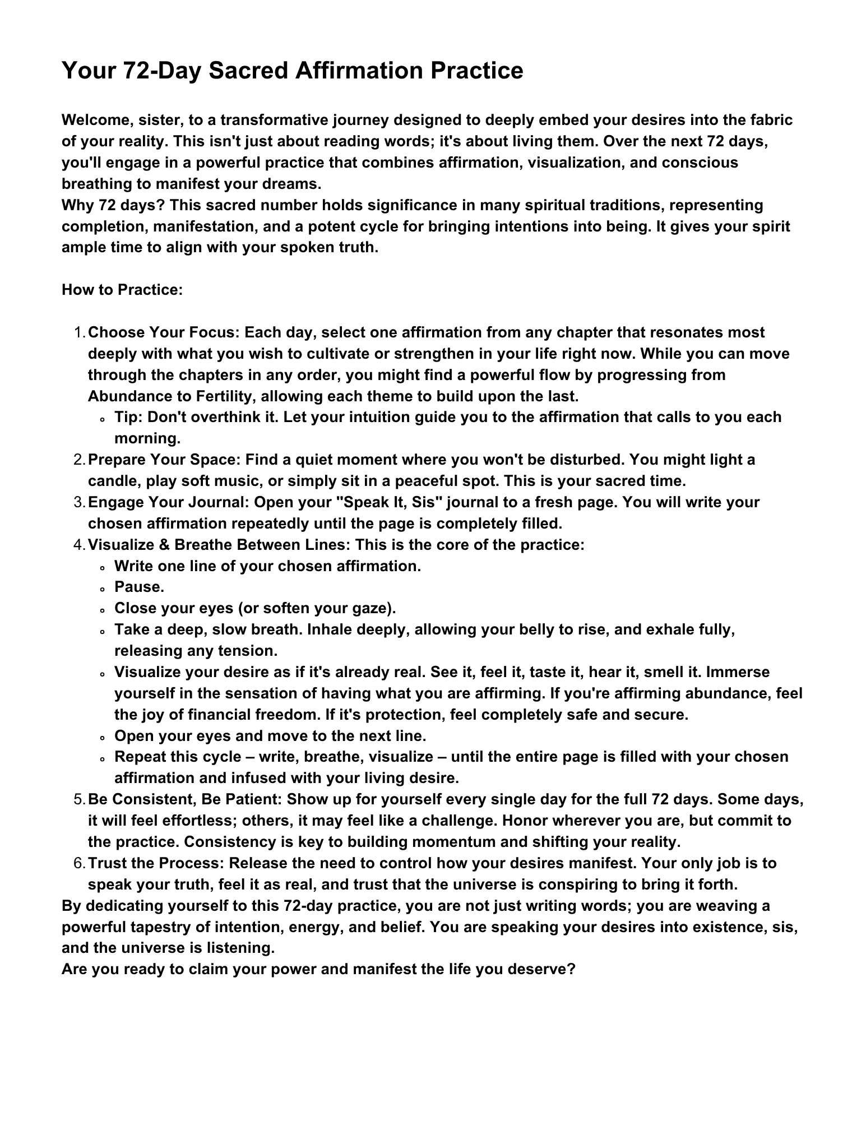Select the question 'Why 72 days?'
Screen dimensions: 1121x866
(x=113, y=205)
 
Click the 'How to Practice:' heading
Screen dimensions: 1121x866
(x=122, y=290)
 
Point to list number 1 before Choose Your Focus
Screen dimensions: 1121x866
(x=78, y=332)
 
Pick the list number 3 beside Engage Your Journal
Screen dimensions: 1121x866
(x=78, y=502)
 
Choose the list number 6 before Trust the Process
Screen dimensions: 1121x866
(x=78, y=863)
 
